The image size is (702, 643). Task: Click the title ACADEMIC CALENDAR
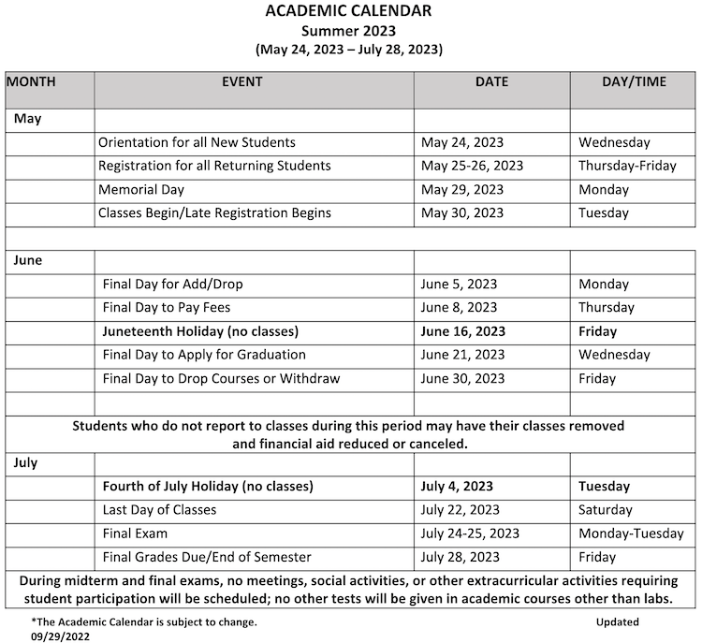point(348,11)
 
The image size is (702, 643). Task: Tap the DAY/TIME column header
point(634,82)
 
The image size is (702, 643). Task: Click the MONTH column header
point(32,82)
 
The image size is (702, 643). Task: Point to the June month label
point(28,260)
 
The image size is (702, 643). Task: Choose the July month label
point(25,462)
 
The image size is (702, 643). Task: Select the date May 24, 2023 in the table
point(462,143)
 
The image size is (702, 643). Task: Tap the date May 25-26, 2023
point(472,166)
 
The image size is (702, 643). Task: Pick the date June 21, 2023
point(462,355)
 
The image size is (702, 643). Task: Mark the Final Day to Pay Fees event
point(167,307)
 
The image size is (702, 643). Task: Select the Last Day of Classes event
point(159,510)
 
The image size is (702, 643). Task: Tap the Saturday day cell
point(606,510)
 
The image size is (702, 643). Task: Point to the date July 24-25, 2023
point(470,533)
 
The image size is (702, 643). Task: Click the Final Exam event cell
point(135,533)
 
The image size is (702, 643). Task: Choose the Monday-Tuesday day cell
point(631,533)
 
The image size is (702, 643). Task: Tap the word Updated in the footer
point(617,621)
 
